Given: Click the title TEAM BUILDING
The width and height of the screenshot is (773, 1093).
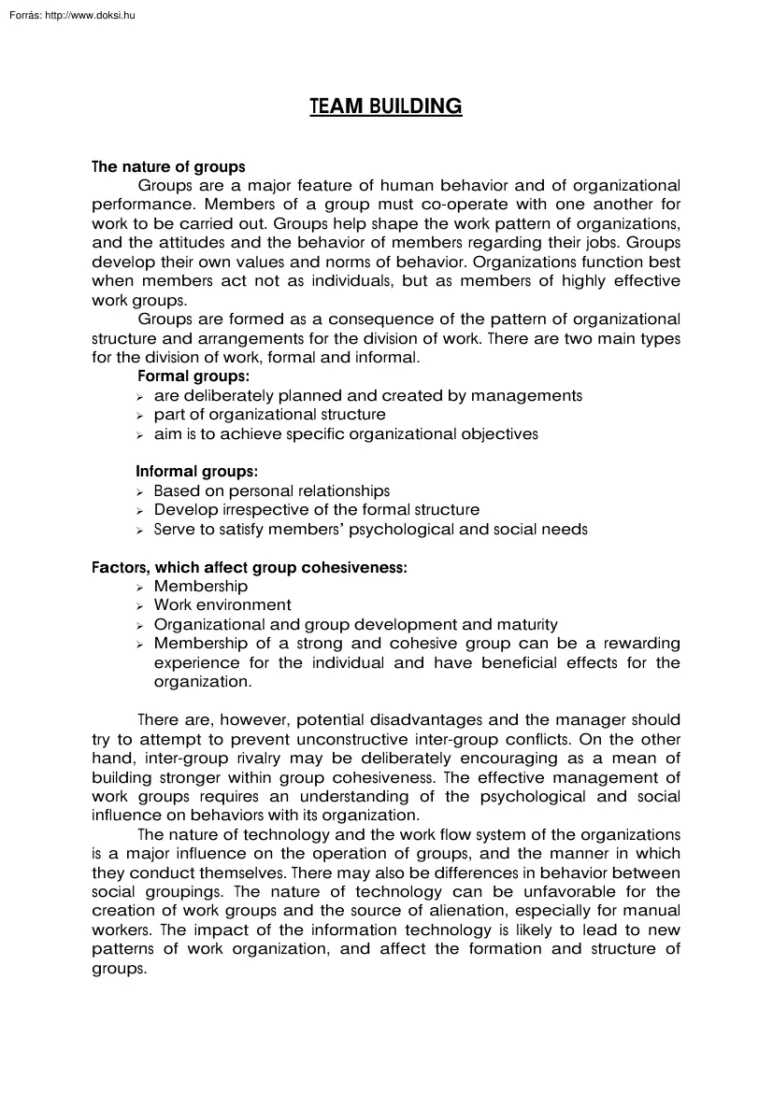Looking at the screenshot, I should (x=386, y=106).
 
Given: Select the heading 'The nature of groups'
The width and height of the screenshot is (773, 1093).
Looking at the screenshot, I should (x=168, y=167).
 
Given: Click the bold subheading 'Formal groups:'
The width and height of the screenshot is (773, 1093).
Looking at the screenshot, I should (x=193, y=376).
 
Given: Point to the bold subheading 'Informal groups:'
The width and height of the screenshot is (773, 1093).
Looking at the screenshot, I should (x=197, y=472).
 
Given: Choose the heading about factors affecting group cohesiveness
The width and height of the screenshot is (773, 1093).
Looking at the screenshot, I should (x=249, y=567).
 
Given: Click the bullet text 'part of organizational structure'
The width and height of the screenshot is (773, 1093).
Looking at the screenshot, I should (x=269, y=414).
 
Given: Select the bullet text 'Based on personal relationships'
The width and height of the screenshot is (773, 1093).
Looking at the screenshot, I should (x=271, y=490).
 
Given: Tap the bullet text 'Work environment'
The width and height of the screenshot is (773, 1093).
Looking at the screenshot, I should (x=222, y=604).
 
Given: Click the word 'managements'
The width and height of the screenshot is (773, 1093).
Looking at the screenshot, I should (x=526, y=395).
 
